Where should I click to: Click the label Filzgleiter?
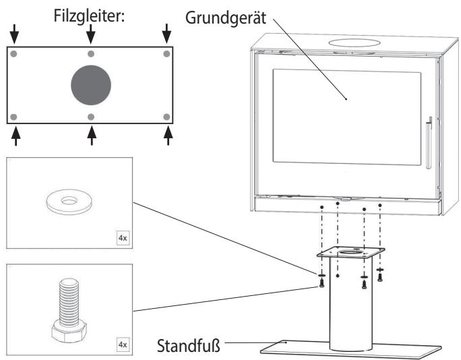(x=89, y=16)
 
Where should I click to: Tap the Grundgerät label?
(x=226, y=18)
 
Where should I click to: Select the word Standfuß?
(x=189, y=346)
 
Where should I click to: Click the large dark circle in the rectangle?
(x=91, y=85)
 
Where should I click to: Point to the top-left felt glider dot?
(x=13, y=54)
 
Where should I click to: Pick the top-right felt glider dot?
(x=166, y=54)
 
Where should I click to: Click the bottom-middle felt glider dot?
(x=91, y=117)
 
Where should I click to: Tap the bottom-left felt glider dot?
(x=13, y=117)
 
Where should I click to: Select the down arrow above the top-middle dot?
(x=91, y=34)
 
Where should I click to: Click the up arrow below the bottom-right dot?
(x=168, y=136)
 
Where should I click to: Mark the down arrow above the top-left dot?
(x=14, y=34)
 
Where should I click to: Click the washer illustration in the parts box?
(x=69, y=202)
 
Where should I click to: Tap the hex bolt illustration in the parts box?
(x=69, y=310)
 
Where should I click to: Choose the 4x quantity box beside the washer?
(x=123, y=238)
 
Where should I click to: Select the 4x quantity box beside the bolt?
(x=123, y=344)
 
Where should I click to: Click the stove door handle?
(x=429, y=143)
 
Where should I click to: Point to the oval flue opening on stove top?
(x=354, y=43)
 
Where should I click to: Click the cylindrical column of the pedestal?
(x=350, y=303)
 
